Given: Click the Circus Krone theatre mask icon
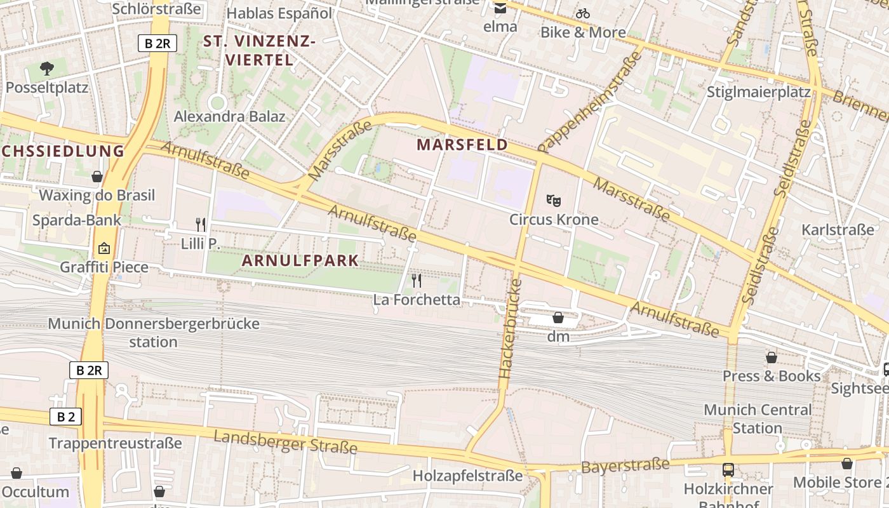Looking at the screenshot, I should pyautogui.click(x=554, y=201).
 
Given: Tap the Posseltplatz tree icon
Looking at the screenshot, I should pyautogui.click(x=46, y=68).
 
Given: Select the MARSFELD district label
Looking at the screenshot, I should pyautogui.click(x=462, y=145).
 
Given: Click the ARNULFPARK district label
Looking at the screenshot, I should pyautogui.click(x=300, y=260).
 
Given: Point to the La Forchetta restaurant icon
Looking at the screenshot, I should pyautogui.click(x=417, y=280).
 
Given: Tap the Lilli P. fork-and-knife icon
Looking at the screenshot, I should pyautogui.click(x=201, y=224).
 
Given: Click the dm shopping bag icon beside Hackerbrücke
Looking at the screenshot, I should pyautogui.click(x=558, y=317).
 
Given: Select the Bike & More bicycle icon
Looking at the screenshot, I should pyautogui.click(x=583, y=13).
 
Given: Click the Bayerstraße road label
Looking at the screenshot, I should pyautogui.click(x=625, y=466).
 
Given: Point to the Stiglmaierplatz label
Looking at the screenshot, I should pyautogui.click(x=759, y=92).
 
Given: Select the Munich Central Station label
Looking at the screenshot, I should pyautogui.click(x=758, y=418).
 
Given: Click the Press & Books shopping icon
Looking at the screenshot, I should pyautogui.click(x=771, y=358).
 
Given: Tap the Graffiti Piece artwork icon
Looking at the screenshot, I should pyautogui.click(x=104, y=248).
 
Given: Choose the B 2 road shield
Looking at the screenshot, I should pyautogui.click(x=65, y=417).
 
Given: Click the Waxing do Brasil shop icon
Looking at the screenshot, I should pyautogui.click(x=97, y=177).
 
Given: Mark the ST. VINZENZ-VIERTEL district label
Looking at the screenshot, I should pyautogui.click(x=259, y=51).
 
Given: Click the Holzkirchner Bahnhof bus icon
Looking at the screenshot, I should pyautogui.click(x=728, y=470).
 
